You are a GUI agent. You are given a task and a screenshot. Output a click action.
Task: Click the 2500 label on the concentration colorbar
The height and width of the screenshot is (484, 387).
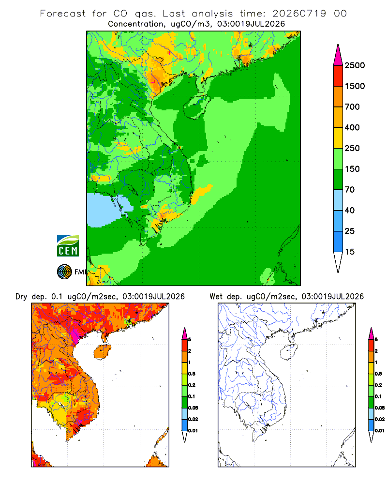point(355,65)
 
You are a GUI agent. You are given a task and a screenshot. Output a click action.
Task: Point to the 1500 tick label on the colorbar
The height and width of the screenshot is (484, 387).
point(355,86)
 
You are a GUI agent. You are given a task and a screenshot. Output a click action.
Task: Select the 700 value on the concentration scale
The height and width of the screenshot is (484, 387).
point(352,107)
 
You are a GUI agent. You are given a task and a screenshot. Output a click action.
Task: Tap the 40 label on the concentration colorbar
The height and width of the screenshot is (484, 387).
point(350,210)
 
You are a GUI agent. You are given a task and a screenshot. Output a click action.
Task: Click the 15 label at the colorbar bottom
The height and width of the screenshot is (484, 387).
point(350,252)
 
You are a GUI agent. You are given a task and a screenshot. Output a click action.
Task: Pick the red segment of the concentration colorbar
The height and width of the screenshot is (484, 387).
point(338,76)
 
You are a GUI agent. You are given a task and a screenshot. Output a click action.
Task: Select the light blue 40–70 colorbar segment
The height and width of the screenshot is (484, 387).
point(338,200)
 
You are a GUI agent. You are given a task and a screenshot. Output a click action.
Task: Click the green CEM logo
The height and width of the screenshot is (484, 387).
point(68,246)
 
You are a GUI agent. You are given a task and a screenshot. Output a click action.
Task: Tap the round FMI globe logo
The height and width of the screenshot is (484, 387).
point(64,272)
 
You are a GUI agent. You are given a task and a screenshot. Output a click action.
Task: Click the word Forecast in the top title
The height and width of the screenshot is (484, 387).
point(63,14)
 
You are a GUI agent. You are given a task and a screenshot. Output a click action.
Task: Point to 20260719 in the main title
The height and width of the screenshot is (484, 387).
point(299,14)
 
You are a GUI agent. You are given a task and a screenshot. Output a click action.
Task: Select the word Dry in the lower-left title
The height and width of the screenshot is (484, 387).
point(21,297)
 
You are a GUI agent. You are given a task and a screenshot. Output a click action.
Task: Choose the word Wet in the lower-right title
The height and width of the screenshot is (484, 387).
point(216,297)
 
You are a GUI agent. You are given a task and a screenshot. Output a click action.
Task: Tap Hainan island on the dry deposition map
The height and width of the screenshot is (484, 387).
point(103,351)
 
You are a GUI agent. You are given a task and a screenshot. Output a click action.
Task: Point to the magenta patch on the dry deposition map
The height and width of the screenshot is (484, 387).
point(74,334)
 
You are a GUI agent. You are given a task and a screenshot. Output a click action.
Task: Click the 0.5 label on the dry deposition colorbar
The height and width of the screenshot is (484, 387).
point(192,374)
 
